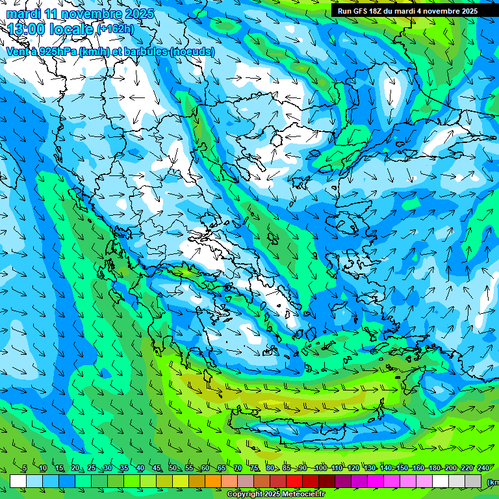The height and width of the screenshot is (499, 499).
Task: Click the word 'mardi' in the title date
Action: pyautogui.click(x=20, y=14)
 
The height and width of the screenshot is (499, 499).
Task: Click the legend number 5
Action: pyautogui.click(x=25, y=468)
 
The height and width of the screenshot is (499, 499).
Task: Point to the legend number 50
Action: pyautogui.click(x=173, y=468)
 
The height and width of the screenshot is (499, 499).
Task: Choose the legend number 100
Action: pyautogui.click(x=320, y=468)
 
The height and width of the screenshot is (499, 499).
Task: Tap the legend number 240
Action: pyautogui.click(x=483, y=468)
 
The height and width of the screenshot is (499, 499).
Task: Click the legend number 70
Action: pyautogui.click(x=238, y=468)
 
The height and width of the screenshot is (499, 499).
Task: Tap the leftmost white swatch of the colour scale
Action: pyautogui.click(x=18, y=481)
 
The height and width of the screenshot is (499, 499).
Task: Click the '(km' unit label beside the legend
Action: pyautogui.click(x=492, y=482)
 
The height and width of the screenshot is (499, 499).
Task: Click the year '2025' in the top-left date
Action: pyautogui.click(x=140, y=14)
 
